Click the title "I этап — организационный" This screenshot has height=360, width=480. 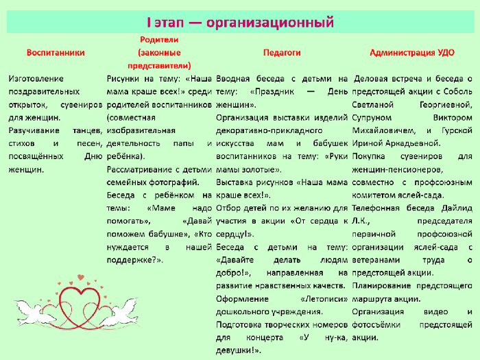(240, 23)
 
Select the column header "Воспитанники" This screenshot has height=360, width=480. (56, 53)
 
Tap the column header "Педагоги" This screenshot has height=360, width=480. (282, 53)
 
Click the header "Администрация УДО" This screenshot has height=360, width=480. (412, 53)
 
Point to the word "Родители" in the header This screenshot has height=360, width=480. (159, 40)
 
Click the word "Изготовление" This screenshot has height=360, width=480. (36, 79)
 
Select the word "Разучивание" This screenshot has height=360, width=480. (34, 130)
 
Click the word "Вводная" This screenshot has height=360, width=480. (232, 79)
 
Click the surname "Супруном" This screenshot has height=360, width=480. (372, 118)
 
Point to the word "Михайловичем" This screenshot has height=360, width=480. (384, 131)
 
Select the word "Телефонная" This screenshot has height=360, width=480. (376, 208)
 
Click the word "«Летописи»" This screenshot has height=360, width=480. (324, 299)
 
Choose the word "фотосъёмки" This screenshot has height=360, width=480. (376, 324)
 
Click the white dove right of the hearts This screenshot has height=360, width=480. (121, 312)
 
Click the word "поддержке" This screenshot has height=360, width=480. (133, 260)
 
